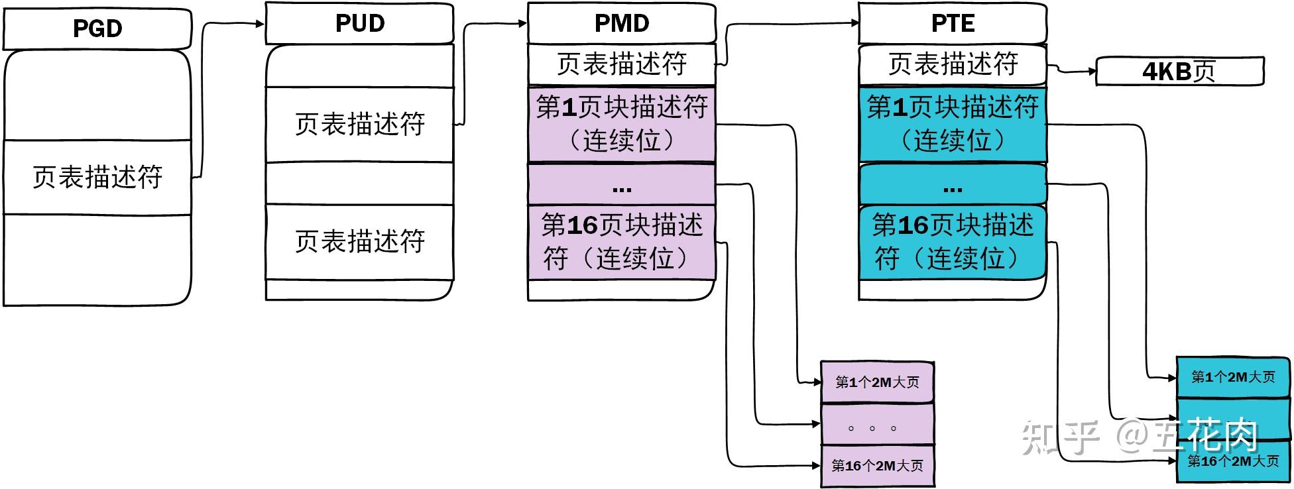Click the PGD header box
click(x=97, y=29)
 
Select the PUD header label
click(x=359, y=24)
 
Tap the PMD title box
click(x=621, y=24)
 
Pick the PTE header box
click(x=952, y=24)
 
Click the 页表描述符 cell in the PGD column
click(x=97, y=177)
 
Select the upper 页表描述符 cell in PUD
click(x=359, y=125)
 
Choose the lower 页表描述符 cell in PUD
click(x=359, y=242)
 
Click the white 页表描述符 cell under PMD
click(x=621, y=64)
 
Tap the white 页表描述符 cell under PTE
click(x=952, y=64)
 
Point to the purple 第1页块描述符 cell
click(x=621, y=124)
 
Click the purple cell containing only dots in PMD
click(x=621, y=184)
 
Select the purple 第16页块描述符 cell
click(x=621, y=242)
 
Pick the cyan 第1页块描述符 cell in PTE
click(x=952, y=124)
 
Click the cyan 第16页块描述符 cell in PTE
click(x=952, y=242)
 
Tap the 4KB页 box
click(x=1179, y=72)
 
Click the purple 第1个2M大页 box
click(x=877, y=382)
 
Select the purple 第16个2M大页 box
click(x=877, y=466)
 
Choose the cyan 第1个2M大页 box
click(x=1233, y=377)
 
